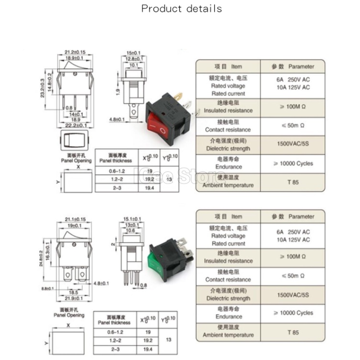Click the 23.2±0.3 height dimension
tap(43, 89)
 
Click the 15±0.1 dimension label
tap(134, 52)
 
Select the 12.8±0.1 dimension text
tap(134, 58)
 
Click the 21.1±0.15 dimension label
tap(75, 219)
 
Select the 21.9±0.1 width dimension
tap(75, 298)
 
